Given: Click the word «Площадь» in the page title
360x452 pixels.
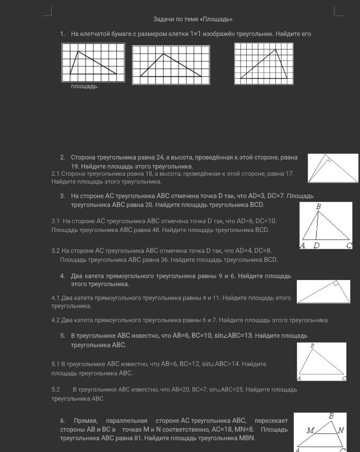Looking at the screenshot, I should coord(216,19).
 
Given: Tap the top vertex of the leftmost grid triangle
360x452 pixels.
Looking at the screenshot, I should coord(78,51).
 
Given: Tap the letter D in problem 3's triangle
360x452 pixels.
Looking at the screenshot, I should coord(316,246).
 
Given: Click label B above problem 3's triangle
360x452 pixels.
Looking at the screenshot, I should coord(319,206).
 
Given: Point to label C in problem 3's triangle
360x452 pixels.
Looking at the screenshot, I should coord(349,246).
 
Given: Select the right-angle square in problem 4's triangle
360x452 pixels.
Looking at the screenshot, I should coord(336,284).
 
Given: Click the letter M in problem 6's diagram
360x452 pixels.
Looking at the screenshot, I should coord(310,431).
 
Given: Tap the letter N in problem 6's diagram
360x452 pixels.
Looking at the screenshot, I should coord(341,431).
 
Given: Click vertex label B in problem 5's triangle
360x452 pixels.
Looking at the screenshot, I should coord(312,346).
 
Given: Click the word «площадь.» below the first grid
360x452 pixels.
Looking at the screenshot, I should coord(85,87).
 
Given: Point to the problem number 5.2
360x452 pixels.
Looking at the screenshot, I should coord(56,389).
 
